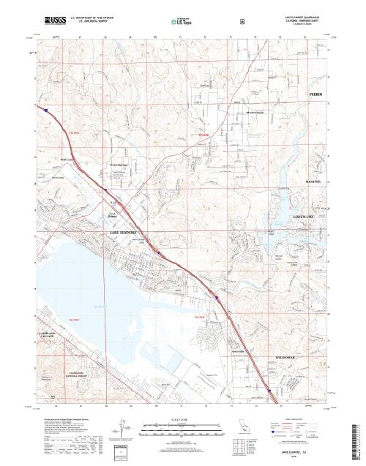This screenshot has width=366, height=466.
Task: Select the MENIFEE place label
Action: pos(313,180)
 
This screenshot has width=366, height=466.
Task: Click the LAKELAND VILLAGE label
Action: pos(43,336)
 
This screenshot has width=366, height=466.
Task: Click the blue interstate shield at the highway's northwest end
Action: pos(45,111)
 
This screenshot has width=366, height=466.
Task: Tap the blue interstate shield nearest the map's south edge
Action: pos(270,391)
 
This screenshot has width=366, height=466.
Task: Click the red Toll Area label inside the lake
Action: pos(74,320)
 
